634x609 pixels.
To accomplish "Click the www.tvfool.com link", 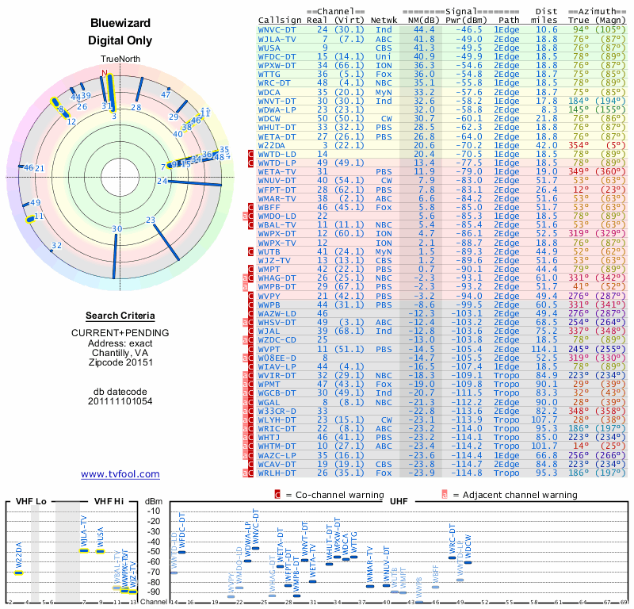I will pyautogui.click(x=120, y=474).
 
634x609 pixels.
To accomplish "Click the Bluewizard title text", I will pyautogui.click(x=120, y=24).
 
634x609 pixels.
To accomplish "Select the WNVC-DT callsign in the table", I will pyautogui.click(x=277, y=29).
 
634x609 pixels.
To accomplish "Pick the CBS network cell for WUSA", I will pyautogui.click(x=384, y=48).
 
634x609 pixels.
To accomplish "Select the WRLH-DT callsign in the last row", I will pyautogui.click(x=277, y=473).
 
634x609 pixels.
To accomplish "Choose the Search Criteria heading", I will pyautogui.click(x=120, y=316).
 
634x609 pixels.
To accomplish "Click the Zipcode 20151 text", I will pyautogui.click(x=120, y=362).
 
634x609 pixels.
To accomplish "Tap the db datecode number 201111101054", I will pyautogui.click(x=120, y=401).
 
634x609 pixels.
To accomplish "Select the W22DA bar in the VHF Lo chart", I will pyautogui.click(x=19, y=573).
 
